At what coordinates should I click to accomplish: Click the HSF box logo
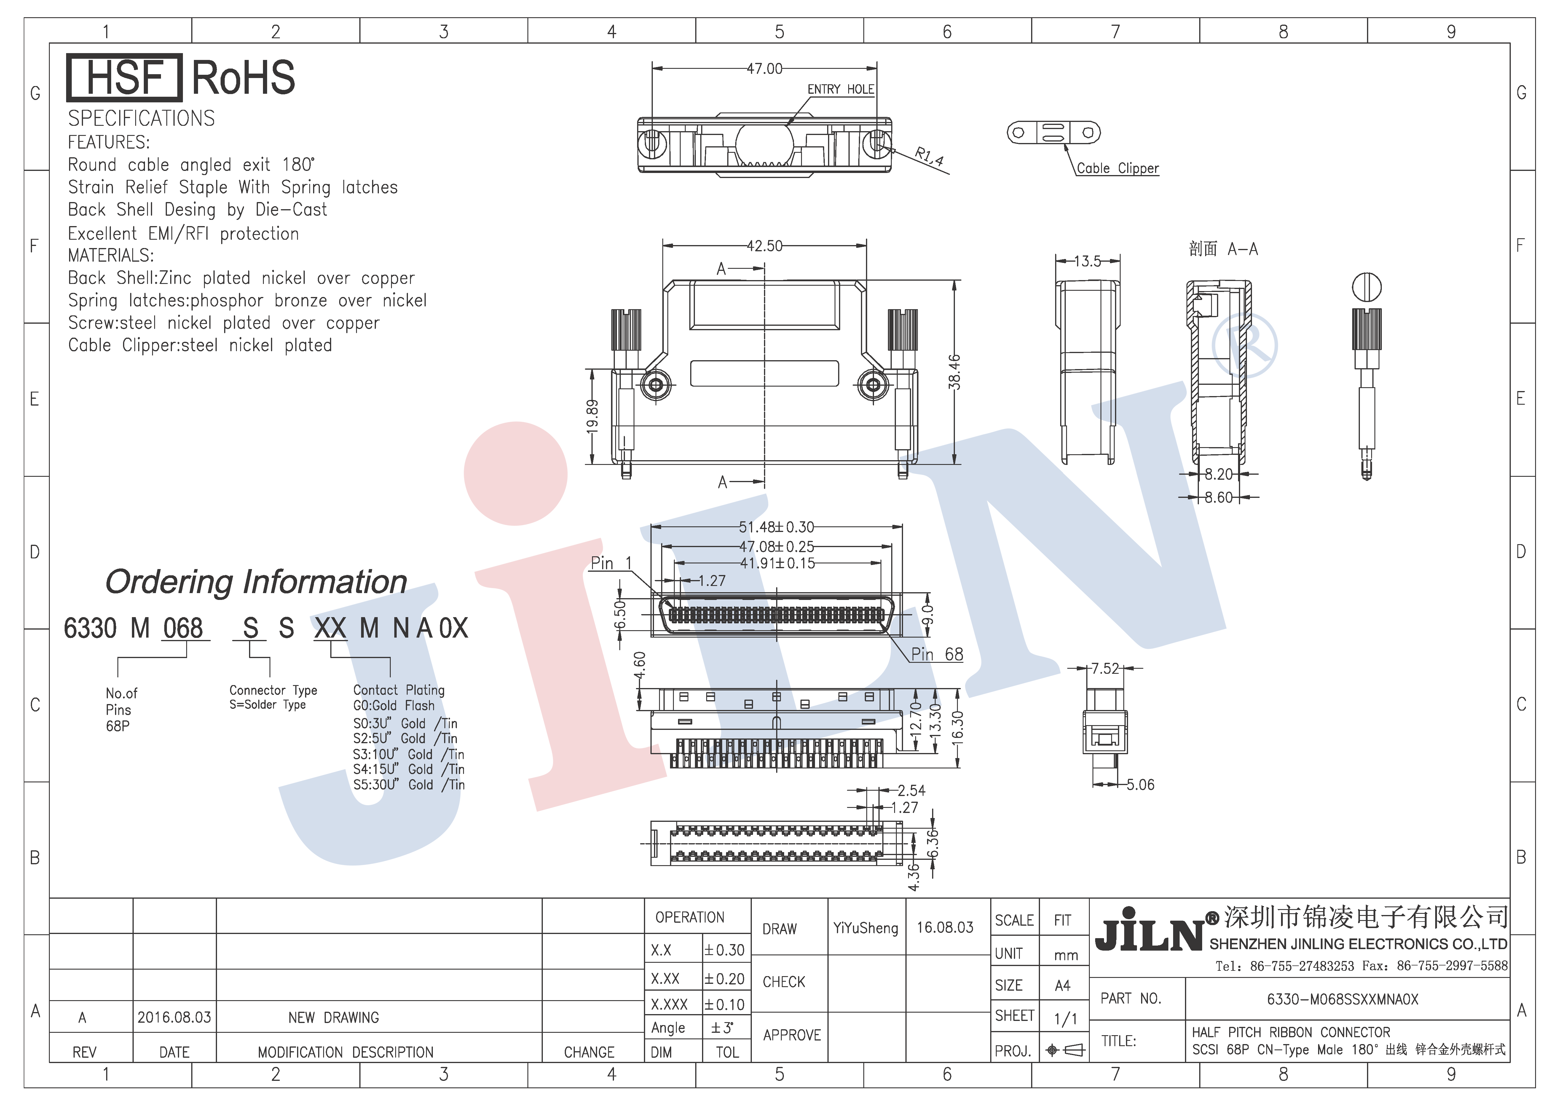click(x=124, y=77)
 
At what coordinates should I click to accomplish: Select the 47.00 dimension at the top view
click(x=764, y=69)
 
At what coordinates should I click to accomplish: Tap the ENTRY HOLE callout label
click(x=840, y=89)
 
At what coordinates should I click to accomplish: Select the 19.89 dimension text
click(x=592, y=416)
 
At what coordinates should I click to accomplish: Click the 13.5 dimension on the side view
click(x=1088, y=261)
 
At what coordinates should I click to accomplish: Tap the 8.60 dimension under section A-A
click(x=1219, y=498)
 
